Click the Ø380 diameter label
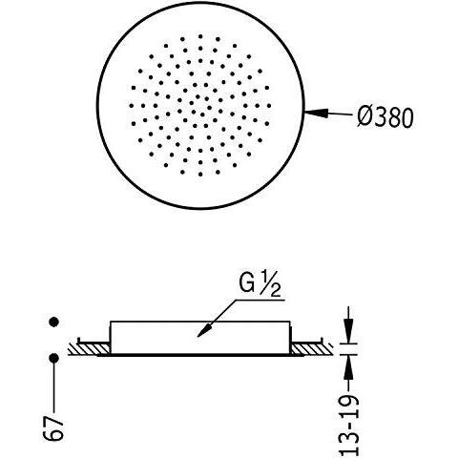pos(385,117)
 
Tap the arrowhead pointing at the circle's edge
pos(316,113)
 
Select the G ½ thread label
pos(260,285)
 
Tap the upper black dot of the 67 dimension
pos(54,322)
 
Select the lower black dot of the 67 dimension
pos(54,358)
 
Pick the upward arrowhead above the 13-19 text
pos(349,366)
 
